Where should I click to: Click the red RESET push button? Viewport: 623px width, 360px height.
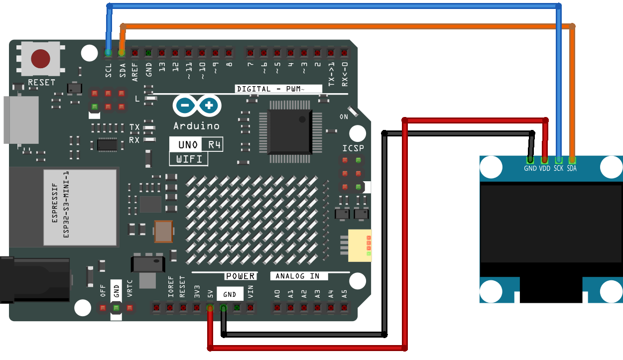41,59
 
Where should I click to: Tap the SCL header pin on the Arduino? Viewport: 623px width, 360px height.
108,53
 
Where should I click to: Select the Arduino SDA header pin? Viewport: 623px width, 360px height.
122,53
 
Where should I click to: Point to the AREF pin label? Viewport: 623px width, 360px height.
135,72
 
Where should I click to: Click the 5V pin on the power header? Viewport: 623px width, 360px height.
210,308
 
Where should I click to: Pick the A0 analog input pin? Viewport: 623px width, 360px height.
277,308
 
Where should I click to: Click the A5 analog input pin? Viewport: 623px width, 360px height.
344,308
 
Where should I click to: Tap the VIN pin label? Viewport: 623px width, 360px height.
250,292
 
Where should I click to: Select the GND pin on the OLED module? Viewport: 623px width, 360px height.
530,160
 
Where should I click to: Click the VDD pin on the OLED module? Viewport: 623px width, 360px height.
544,160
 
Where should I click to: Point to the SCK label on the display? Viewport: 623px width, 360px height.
558,168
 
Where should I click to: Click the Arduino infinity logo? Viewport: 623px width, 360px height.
197,106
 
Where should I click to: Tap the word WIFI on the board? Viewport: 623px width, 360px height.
189,159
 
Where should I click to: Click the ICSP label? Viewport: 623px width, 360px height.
353,148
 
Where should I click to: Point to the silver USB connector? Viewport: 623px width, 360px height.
21,120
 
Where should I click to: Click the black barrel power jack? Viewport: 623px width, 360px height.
35,280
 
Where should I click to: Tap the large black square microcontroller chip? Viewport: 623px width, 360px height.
290,132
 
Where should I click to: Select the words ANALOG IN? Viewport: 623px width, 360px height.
297,276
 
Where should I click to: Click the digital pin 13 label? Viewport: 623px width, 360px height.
162,67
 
